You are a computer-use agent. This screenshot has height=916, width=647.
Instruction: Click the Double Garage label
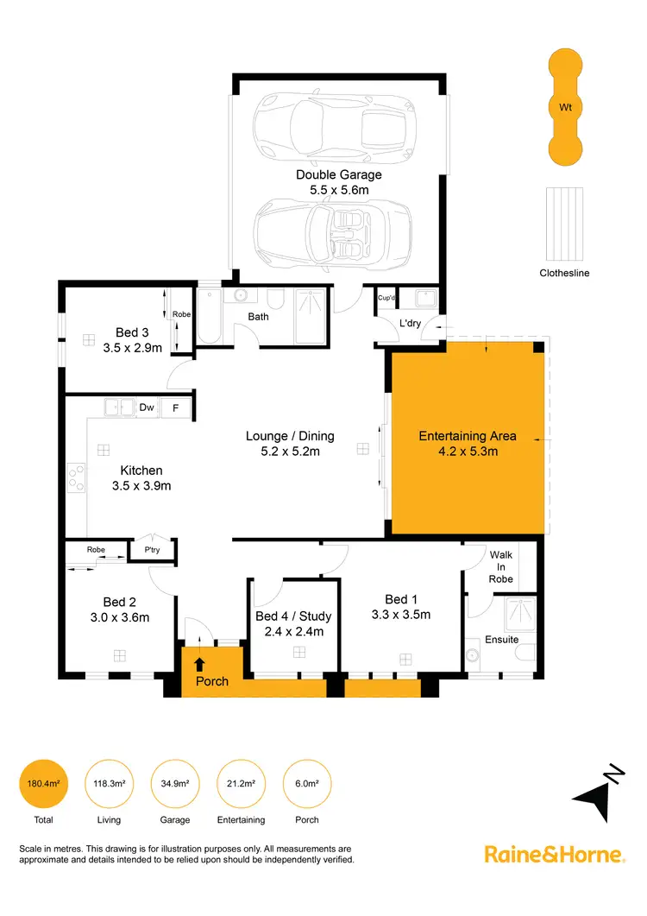pos(338,174)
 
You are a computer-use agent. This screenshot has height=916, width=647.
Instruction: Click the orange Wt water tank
pos(566,107)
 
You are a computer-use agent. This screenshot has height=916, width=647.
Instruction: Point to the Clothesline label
pos(565,273)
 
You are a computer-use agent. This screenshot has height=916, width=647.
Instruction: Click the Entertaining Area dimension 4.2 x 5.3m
pos(467,451)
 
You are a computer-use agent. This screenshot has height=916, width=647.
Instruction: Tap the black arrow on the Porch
pos(200,664)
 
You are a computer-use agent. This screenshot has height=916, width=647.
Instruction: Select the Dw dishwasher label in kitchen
pos(147,407)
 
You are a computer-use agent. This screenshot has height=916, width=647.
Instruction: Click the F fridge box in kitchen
pos(176,407)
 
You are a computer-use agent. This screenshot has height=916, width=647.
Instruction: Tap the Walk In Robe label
pos(500,567)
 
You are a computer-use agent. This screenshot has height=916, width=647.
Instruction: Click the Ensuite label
pos(501,640)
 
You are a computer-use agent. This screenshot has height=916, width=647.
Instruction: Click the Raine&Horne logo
pos(554,855)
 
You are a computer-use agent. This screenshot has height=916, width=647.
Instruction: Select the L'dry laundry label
pos(409,325)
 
